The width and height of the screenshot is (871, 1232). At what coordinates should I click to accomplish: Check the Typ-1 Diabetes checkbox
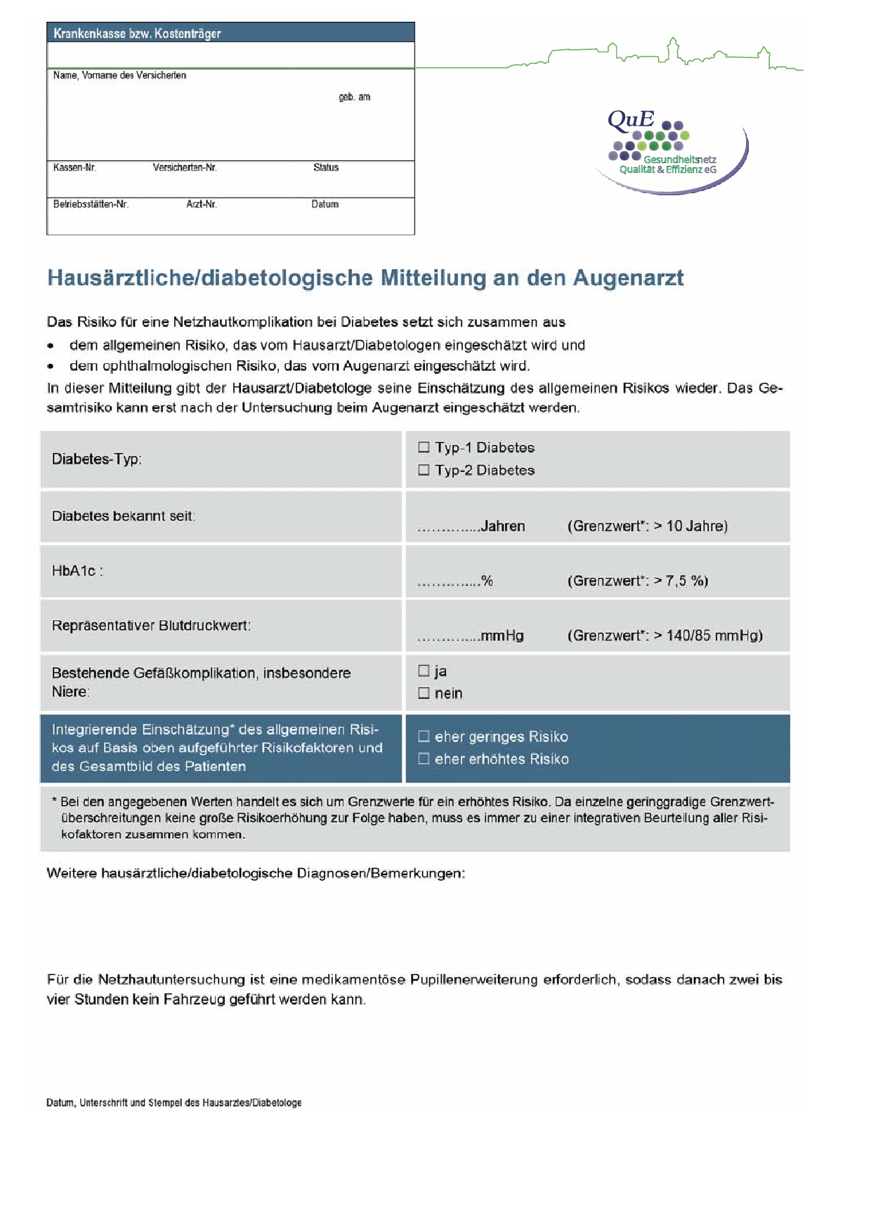(x=424, y=447)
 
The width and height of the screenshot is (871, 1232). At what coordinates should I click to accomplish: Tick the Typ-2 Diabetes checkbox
(x=424, y=470)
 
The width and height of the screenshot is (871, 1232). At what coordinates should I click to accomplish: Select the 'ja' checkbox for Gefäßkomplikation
(x=424, y=671)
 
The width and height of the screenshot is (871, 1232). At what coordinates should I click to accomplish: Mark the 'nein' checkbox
(x=424, y=693)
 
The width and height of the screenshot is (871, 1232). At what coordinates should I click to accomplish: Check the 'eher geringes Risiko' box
(x=424, y=736)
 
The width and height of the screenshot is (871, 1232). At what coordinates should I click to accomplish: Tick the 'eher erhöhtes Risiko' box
(x=424, y=759)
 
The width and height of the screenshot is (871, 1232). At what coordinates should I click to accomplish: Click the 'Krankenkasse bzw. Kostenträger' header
(x=138, y=33)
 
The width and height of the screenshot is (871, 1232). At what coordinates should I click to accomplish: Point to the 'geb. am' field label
(x=354, y=97)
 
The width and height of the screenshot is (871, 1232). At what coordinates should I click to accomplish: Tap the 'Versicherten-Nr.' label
(x=185, y=167)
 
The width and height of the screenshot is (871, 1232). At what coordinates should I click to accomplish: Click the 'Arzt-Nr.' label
(x=202, y=204)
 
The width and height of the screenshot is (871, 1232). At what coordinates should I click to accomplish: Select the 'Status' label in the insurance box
(x=326, y=167)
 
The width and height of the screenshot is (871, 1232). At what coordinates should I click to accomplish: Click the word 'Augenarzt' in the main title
(x=628, y=277)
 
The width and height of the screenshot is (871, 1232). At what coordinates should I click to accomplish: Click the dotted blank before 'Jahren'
(x=448, y=528)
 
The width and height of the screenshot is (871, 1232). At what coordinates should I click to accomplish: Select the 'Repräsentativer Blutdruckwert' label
(x=151, y=625)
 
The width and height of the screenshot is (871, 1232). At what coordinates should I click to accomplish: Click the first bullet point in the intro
(x=51, y=346)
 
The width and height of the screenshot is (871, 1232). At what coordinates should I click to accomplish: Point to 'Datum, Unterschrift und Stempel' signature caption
(x=173, y=1102)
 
